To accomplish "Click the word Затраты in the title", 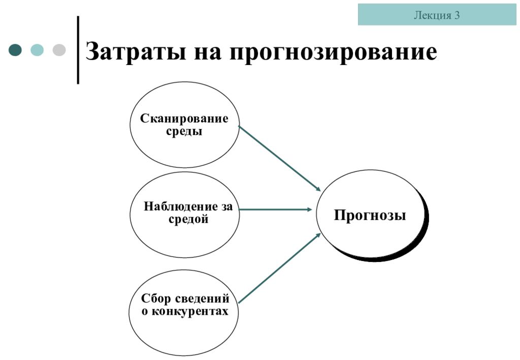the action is point(135,52).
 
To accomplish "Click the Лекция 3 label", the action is point(437,15).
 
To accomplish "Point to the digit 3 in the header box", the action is point(457,15).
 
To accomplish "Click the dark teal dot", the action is point(15,50).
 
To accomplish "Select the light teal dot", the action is point(37,50).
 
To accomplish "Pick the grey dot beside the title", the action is point(59,50).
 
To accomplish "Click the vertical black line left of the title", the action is point(78,50).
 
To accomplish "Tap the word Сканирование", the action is point(184,118).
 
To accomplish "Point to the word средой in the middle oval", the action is point(188,219).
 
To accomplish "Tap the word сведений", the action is point(202,299).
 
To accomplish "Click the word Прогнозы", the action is point(370,215).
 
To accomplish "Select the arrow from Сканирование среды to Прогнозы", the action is point(280,158).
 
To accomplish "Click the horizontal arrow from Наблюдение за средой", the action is point(275,210).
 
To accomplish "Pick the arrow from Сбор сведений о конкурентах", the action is point(280,268).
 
